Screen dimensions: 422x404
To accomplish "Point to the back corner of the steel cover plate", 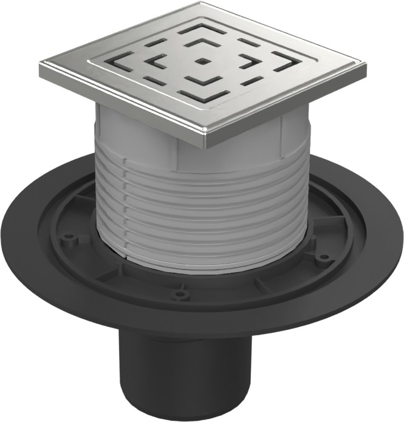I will coord(202,4).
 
